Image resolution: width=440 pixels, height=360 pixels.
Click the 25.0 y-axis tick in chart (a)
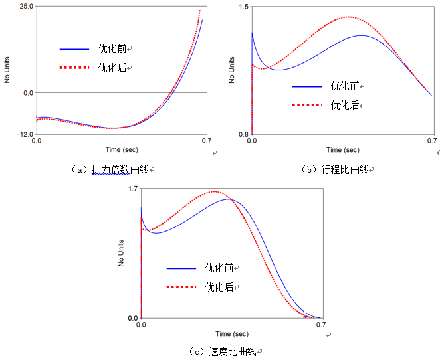pos(27,6)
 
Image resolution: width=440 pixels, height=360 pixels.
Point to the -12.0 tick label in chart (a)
pos(25,134)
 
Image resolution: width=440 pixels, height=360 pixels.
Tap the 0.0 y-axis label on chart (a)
pos(29,93)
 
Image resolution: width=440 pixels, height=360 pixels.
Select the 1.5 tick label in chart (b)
pos(243,7)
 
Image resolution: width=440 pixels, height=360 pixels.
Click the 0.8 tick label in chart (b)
pos(243,134)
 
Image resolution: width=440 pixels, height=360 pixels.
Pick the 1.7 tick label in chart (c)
pos(133,189)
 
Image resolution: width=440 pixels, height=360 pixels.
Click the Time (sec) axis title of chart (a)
pos(122,150)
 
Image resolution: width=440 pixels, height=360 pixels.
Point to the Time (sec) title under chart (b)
pos(343,150)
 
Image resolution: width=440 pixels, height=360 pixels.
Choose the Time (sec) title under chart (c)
pos(231,333)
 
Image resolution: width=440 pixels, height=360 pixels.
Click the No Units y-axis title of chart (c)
pos(122,253)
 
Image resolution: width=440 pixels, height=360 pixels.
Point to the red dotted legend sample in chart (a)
pos(74,68)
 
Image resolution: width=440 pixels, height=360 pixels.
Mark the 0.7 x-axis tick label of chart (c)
pos(320,325)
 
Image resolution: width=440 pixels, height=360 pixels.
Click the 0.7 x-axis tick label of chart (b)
pos(433,141)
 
